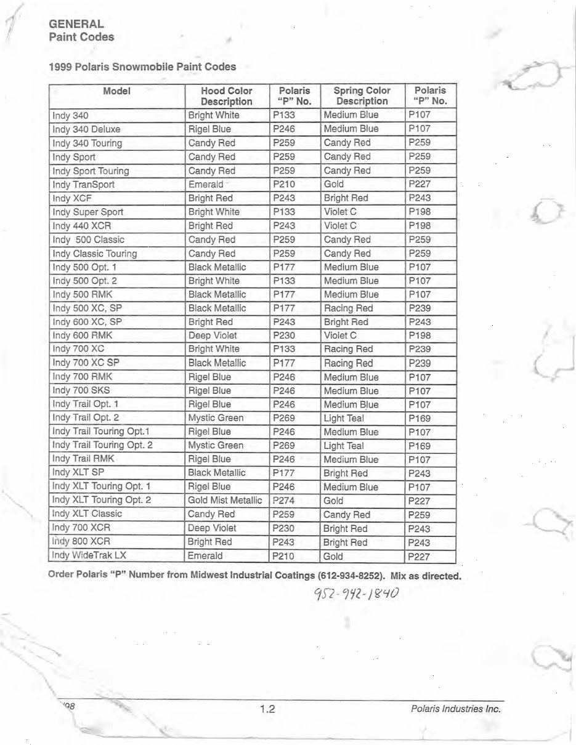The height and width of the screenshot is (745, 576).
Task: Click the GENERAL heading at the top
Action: (76, 24)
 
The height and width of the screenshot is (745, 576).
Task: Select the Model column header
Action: (116, 91)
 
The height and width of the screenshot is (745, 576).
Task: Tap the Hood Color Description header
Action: (226, 96)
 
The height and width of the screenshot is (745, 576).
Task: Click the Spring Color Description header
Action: (362, 96)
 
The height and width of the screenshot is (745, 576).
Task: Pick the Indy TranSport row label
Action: (83, 184)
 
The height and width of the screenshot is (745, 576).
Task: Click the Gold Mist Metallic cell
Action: (225, 501)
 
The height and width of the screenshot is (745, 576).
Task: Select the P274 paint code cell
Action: (284, 501)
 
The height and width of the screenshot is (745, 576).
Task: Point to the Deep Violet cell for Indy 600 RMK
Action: (212, 336)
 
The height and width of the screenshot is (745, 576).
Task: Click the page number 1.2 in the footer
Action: (267, 709)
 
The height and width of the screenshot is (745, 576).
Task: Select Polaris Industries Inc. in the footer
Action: (455, 709)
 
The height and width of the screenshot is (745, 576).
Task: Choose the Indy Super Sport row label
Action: (87, 212)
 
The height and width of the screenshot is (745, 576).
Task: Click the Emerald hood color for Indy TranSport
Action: (206, 184)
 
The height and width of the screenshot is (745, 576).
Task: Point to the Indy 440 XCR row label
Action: (81, 225)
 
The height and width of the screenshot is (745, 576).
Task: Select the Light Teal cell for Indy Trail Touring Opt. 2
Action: (343, 446)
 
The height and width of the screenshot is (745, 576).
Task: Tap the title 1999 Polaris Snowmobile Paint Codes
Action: (142, 66)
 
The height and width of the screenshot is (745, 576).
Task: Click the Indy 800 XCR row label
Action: (81, 542)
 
